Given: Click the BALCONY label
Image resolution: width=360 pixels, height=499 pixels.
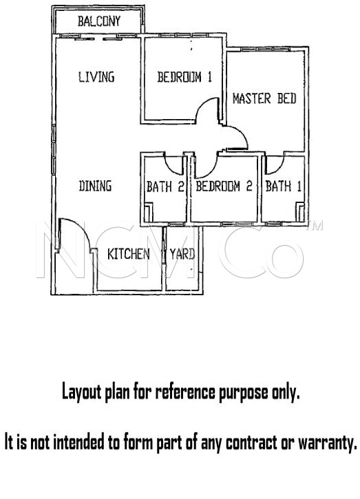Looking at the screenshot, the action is pyautogui.click(x=99, y=21).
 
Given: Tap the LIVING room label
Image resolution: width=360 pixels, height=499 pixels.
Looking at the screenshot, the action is pyautogui.click(x=96, y=77).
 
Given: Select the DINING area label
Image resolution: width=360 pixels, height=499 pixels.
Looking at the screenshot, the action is pyautogui.click(x=95, y=186).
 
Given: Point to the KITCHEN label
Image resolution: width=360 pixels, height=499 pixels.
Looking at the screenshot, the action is pyautogui.click(x=128, y=254).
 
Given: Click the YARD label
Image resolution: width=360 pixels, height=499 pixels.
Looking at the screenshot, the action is pyautogui.click(x=182, y=254).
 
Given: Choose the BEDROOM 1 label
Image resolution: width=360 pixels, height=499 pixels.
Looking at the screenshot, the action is pyautogui.click(x=184, y=77).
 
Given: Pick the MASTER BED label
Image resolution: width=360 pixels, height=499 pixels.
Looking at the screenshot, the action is pyautogui.click(x=264, y=98).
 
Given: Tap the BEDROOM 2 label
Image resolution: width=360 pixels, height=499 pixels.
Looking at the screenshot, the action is pyautogui.click(x=224, y=186).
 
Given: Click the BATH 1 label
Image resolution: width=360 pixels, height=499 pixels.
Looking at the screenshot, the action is pyautogui.click(x=284, y=186).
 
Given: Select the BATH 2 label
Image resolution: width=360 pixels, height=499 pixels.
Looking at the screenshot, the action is pyautogui.click(x=165, y=187).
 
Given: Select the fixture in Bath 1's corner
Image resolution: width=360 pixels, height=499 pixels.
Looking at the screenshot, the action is pyautogui.click(x=300, y=212).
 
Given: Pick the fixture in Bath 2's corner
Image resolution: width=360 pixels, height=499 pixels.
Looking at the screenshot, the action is pyautogui.click(x=148, y=212).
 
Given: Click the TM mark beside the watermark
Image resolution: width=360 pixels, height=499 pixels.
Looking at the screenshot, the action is pyautogui.click(x=314, y=226).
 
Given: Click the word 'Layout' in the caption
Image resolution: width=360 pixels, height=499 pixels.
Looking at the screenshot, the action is pyautogui.click(x=81, y=392).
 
